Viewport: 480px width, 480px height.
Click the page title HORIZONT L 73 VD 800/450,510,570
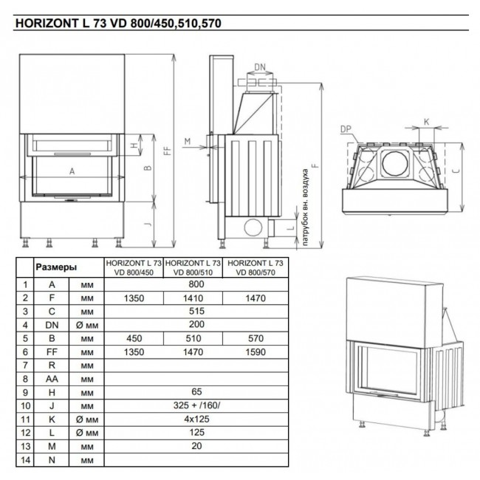[x=118, y=24]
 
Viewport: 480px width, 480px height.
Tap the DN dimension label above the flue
[x=260, y=66]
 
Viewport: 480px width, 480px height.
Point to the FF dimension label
[x=168, y=151]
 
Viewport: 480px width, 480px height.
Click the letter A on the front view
[x=72, y=171]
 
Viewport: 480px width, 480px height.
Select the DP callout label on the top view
[x=346, y=129]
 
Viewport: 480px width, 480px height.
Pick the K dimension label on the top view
[x=426, y=122]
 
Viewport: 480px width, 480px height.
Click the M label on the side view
[x=188, y=141]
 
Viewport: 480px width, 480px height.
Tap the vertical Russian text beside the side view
[x=305, y=208]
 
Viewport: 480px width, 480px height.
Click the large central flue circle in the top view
[x=395, y=163]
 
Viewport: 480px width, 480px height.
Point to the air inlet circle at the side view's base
[x=253, y=227]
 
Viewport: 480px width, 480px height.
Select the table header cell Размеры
[x=56, y=267]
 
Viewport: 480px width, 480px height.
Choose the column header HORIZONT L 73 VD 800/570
[x=256, y=267]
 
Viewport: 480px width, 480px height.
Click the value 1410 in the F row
[x=193, y=298]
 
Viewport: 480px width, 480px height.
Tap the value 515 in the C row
[x=196, y=311]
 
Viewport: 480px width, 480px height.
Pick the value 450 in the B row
[x=134, y=338]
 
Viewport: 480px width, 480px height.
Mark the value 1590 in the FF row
[x=256, y=352]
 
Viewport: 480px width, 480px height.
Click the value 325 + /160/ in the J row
[x=196, y=405]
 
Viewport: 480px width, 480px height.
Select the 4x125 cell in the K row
[x=196, y=419]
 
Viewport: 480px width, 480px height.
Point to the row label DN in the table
[x=52, y=325]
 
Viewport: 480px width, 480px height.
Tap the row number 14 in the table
[x=25, y=460]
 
